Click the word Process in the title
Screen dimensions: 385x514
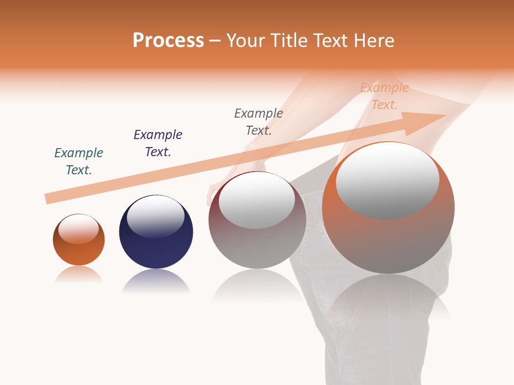168,41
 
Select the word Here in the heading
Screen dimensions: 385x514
375,41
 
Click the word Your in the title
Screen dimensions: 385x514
247,41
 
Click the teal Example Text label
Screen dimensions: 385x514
79,161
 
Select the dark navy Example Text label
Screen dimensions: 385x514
158,143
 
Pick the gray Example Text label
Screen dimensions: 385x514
259,122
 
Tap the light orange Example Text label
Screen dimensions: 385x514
384,96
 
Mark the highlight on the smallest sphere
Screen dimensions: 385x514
79,229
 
